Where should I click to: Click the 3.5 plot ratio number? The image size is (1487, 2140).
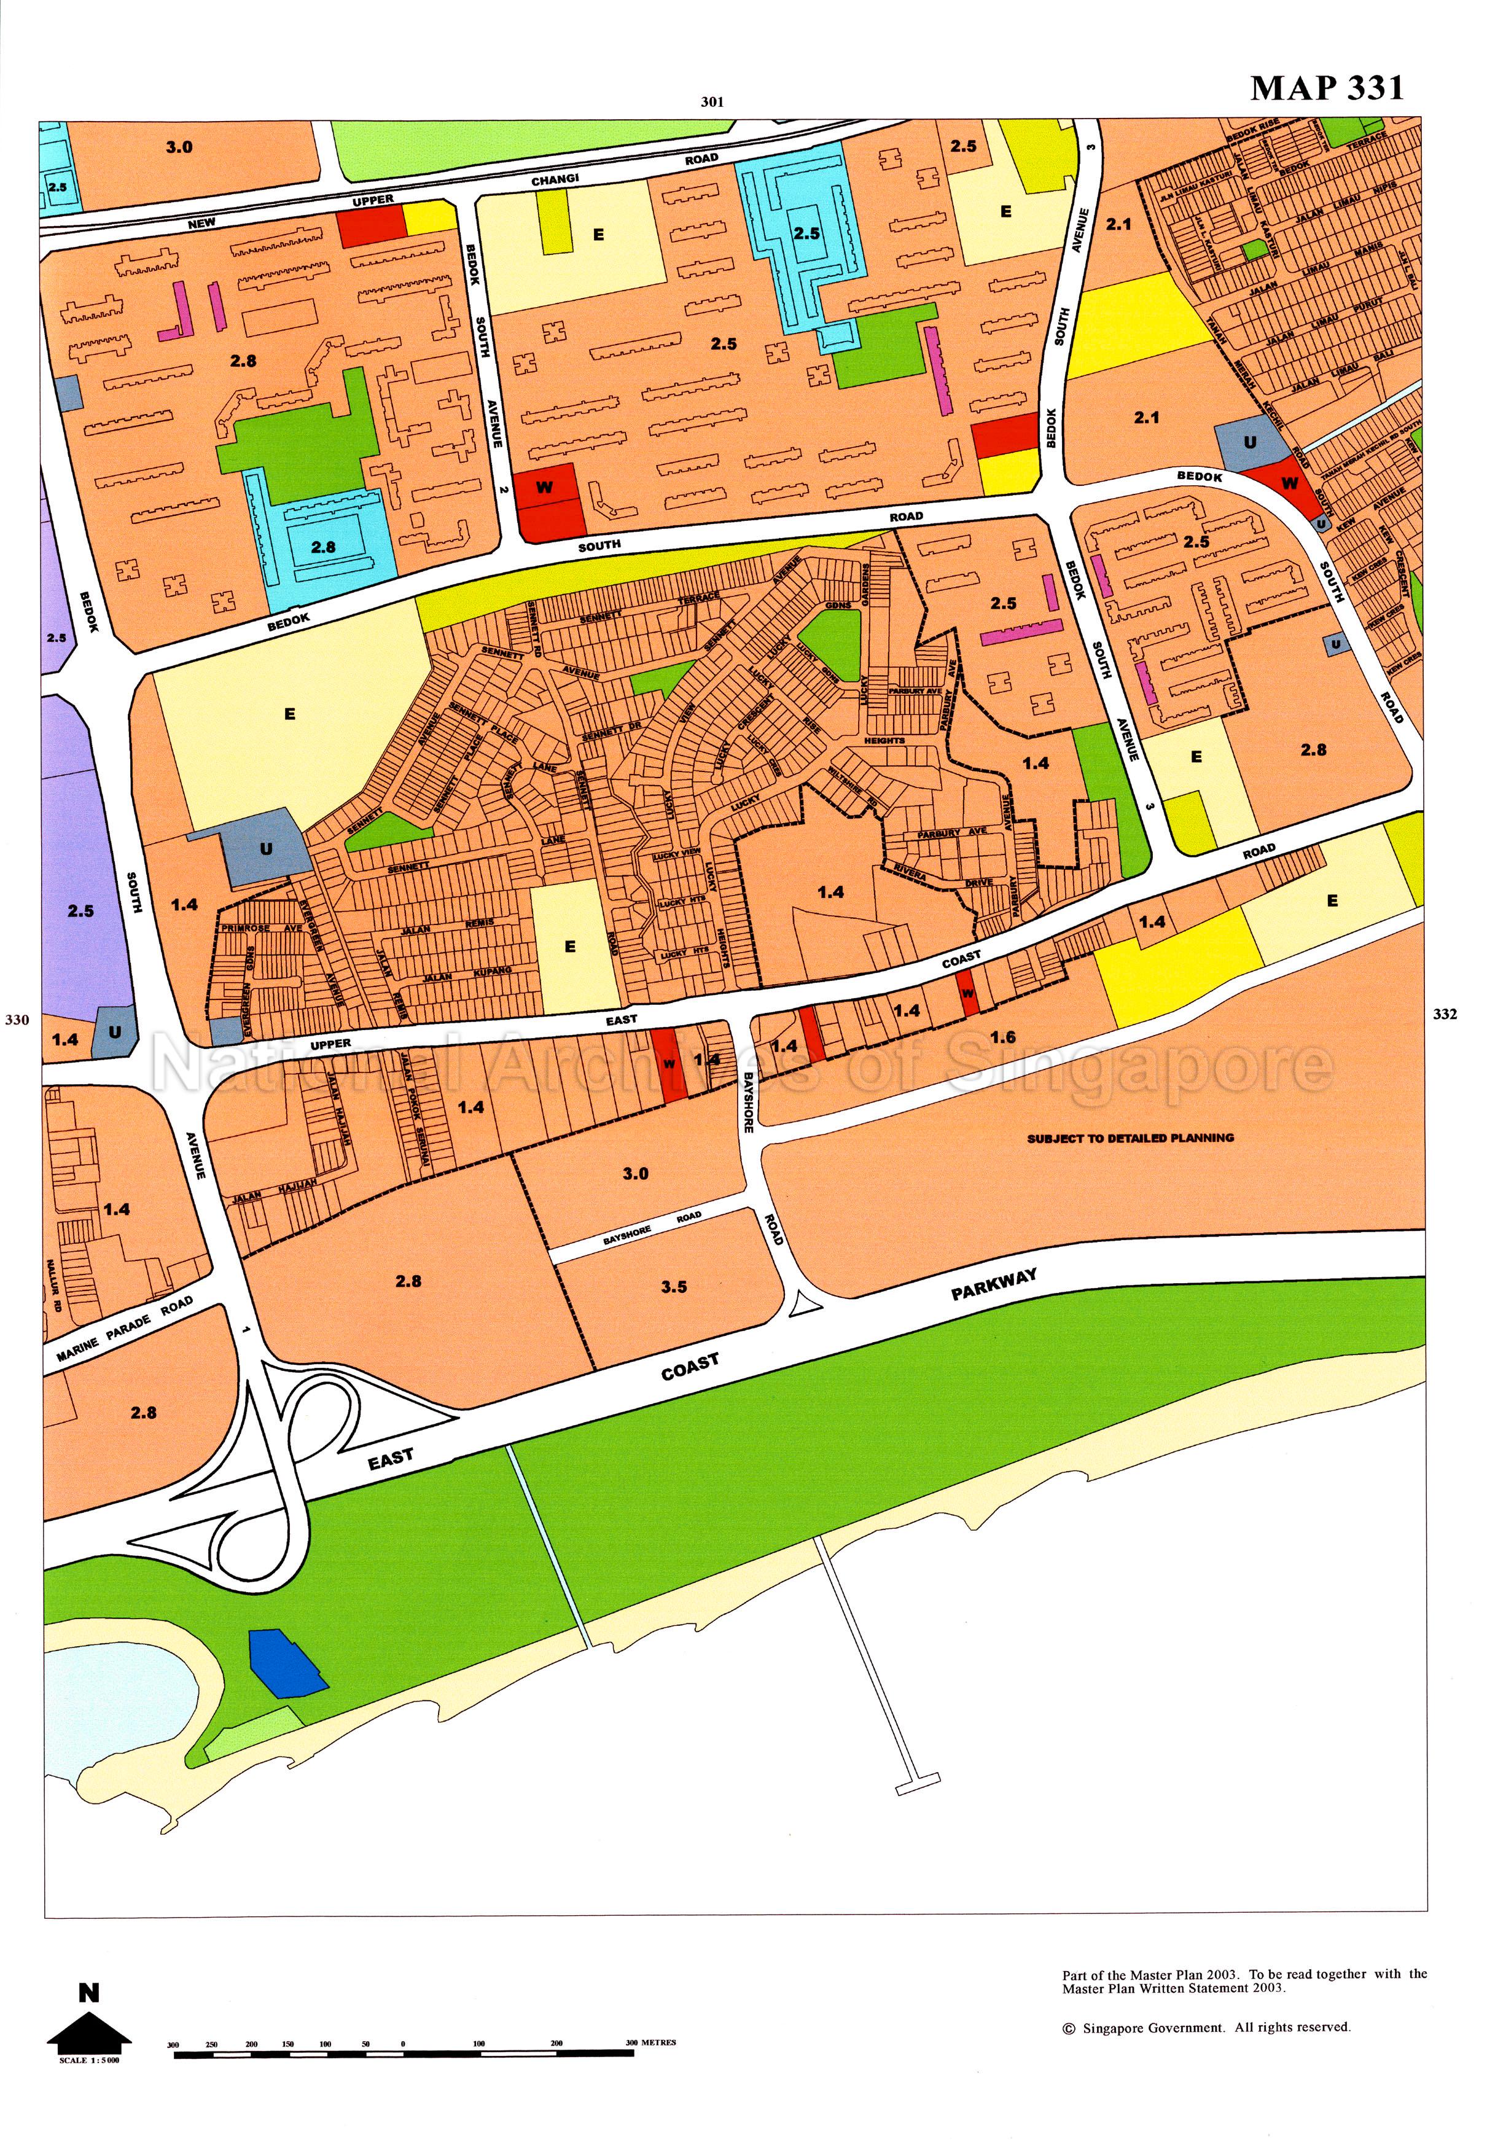pos(674,1287)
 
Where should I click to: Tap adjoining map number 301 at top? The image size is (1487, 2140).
pos(712,103)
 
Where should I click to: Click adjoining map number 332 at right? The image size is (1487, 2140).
pos(1444,1015)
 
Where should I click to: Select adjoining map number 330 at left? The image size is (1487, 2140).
pos(17,1019)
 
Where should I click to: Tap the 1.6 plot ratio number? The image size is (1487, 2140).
pos(1002,1037)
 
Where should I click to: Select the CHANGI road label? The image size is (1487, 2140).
pos(555,179)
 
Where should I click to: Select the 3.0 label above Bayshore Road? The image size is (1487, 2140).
pos(636,1173)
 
